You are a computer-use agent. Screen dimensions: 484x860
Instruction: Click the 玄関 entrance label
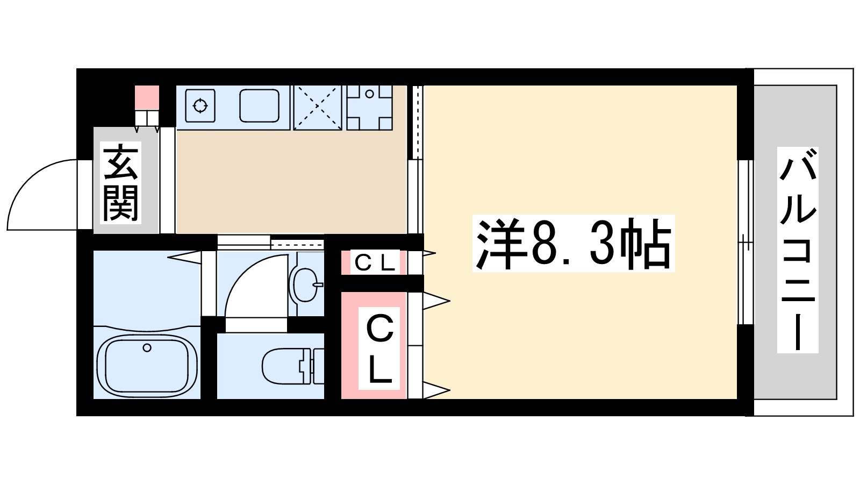120,183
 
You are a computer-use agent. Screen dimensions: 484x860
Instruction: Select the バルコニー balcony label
798,250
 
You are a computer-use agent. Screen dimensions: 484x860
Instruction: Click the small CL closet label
375,262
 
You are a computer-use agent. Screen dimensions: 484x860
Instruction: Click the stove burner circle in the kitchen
200,105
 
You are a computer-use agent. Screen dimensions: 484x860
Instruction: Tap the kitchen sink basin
259,105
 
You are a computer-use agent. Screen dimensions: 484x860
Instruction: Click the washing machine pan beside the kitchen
369,107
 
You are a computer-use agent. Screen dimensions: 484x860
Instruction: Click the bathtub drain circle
147,348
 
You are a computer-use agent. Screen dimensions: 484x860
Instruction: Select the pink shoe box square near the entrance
147,97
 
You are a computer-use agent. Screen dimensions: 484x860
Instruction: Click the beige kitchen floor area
290,183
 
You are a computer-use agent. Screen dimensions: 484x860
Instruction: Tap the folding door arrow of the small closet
429,252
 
